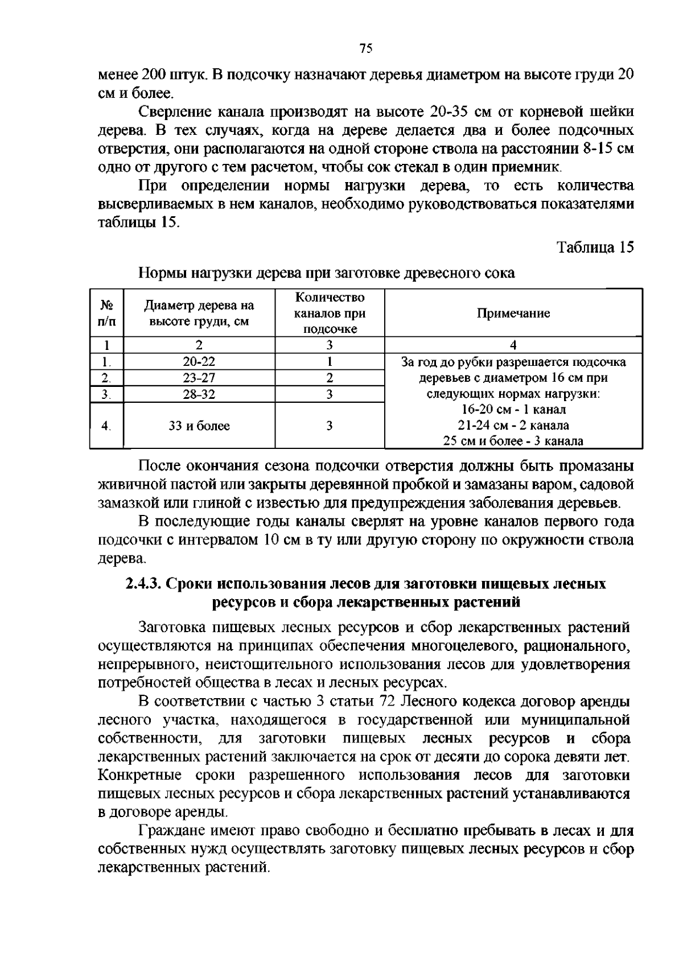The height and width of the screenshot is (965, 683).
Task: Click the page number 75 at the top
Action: coord(366,49)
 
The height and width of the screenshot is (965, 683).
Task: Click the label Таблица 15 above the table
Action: coord(595,248)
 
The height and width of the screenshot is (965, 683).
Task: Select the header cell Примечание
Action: coord(513,314)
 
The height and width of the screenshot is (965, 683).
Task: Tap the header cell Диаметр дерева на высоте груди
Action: coord(199,314)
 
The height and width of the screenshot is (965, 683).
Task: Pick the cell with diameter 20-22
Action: coord(199,361)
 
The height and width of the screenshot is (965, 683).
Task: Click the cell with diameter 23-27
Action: coord(199,378)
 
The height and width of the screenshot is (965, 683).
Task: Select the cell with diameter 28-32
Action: coord(199,394)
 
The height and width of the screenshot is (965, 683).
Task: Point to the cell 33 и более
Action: coord(199,426)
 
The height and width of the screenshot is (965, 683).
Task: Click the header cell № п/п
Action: coord(106,314)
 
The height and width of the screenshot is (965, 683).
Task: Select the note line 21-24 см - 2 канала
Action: coord(513,425)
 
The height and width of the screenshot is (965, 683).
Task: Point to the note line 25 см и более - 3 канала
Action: coord(513,441)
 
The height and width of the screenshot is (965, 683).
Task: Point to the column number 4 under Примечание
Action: coord(513,345)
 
